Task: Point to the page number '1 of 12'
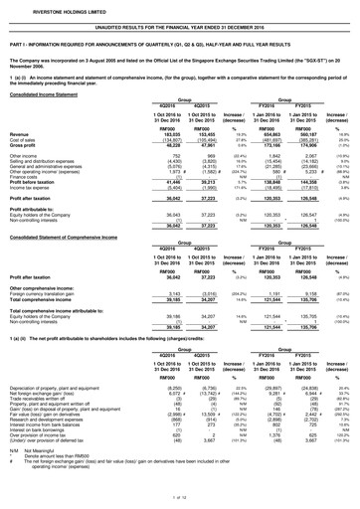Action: tap(180, 503)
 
